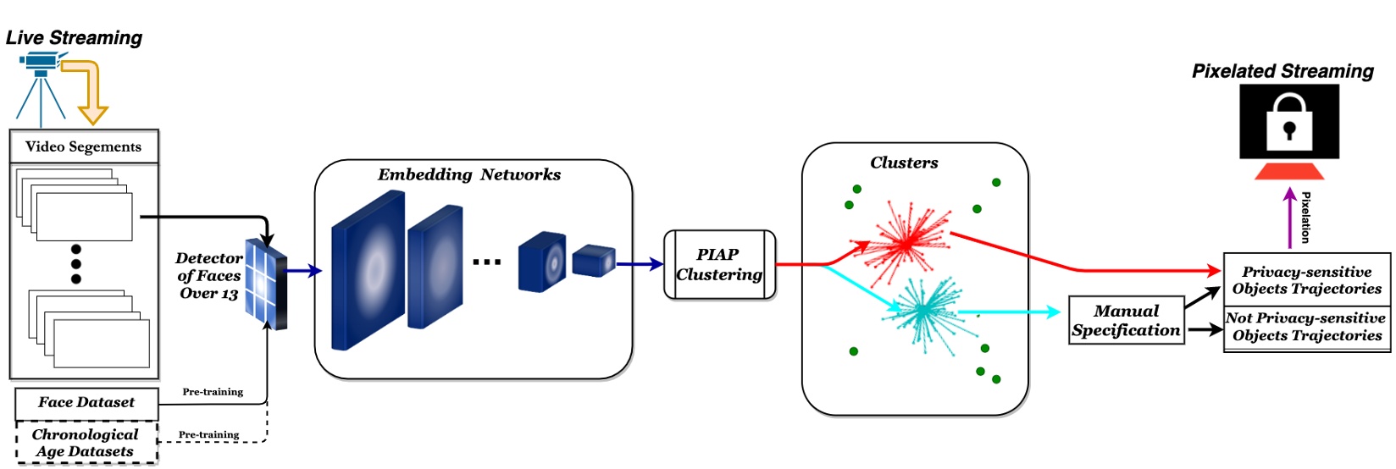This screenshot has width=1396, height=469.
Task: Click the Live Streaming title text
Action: point(74,38)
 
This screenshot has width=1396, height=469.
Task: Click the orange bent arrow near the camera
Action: point(89,89)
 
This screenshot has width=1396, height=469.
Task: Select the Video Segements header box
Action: point(84,146)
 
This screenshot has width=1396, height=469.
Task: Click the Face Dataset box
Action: point(86,403)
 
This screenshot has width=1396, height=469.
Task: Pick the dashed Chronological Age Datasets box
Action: point(86,443)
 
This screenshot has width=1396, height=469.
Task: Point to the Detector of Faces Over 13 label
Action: point(208,276)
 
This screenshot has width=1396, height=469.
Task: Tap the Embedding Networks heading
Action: point(468,175)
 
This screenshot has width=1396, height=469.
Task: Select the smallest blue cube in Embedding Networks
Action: point(593,261)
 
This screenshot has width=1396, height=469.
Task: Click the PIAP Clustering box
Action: point(719,265)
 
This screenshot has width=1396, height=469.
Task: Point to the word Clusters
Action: point(904,163)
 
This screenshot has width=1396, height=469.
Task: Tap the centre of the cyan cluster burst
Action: point(922,312)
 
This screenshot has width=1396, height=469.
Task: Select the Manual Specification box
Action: point(1126,320)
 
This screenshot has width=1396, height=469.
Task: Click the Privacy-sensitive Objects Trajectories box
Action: point(1306,280)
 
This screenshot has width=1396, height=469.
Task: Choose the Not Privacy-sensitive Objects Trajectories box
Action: point(1306,327)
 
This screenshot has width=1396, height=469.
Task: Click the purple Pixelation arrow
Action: point(1289,218)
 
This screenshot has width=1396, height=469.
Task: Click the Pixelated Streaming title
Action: point(1282,72)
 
